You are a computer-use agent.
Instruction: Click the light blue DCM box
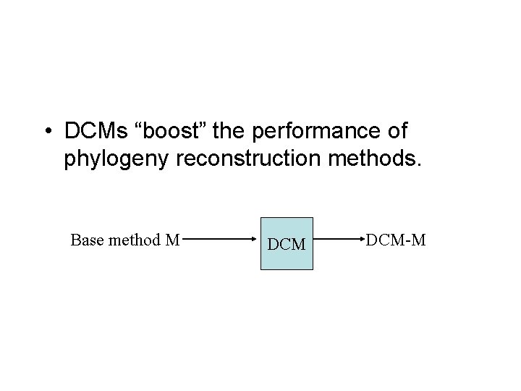[287, 243]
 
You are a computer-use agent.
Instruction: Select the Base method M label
[124, 240]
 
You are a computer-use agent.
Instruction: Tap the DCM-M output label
[395, 240]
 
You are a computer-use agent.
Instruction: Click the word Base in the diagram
[85, 240]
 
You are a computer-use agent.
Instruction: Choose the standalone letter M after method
[171, 240]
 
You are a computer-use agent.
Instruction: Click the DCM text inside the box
[287, 245]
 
